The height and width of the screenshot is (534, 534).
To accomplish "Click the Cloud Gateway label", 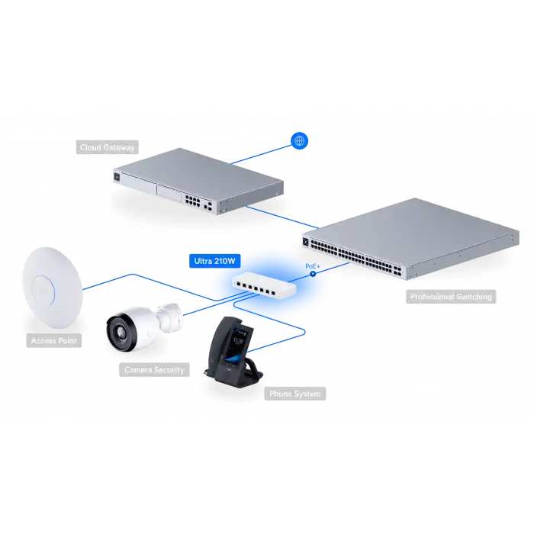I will point(108,147).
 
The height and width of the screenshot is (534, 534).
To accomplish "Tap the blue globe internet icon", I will point(300,140).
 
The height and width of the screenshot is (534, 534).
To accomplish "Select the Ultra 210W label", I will point(214,260).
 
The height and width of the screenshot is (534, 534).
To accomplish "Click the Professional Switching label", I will point(451,296).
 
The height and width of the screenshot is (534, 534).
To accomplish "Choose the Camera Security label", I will point(154,370).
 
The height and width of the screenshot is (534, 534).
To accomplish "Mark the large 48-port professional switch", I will point(404,237).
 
